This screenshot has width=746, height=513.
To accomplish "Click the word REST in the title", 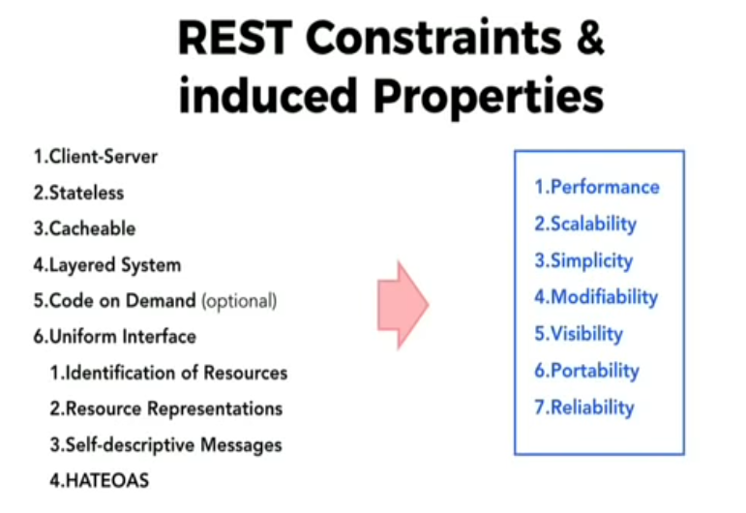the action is pos(235,38).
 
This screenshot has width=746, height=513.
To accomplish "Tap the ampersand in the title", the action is pos(590,37).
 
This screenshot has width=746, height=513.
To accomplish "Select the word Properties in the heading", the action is pos(489,97).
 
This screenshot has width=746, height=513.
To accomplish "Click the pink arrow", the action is pos(403,305).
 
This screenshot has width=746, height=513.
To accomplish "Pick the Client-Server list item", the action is pos(95,157).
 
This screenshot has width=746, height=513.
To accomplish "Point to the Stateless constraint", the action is pos(78,193).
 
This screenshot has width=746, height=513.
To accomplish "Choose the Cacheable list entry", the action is pos(84,228).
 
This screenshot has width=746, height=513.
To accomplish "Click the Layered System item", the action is pos(107,265).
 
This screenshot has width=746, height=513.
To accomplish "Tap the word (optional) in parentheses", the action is pos(239,301).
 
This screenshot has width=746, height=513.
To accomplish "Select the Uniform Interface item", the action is pos(115,337).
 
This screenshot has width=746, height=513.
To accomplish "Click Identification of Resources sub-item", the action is pos(169,373).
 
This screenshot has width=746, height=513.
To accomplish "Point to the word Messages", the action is pos(241,445).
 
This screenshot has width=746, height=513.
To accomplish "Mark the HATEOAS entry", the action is pos(100,480).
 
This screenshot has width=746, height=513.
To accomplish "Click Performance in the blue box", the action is pos(597,187).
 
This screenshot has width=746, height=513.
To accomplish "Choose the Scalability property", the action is pos(585,225).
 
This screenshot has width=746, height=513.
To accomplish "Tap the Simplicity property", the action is pos(583,260).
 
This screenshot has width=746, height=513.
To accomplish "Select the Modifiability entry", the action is pos(596,297).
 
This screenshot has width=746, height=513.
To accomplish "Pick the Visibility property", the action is pos(579,334).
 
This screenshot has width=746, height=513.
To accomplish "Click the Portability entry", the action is pos(587,371).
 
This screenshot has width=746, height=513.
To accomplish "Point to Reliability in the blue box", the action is pos(584,407).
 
